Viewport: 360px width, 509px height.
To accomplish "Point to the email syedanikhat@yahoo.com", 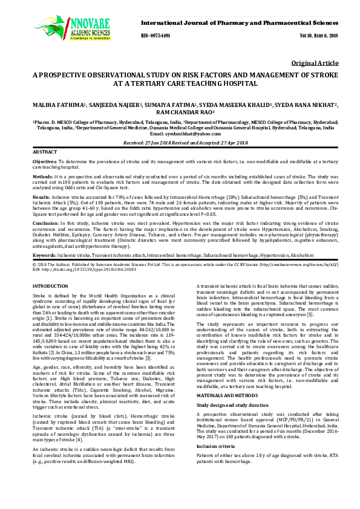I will point(199,134).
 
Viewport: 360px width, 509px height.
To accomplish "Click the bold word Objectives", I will point(44,162).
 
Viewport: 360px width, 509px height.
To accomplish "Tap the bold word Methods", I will point(42,178).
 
